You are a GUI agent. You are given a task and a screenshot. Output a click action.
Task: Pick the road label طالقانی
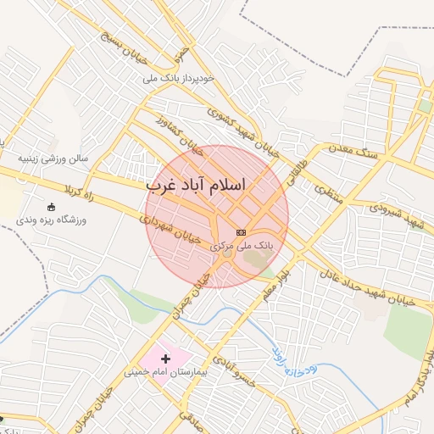(299, 159)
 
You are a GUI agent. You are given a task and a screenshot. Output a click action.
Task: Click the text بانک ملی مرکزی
(242, 245)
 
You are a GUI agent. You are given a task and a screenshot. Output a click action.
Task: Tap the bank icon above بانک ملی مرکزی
(242, 231)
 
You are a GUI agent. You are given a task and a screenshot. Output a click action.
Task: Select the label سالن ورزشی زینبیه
(54, 159)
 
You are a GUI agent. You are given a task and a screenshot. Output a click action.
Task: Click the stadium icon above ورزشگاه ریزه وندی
(51, 207)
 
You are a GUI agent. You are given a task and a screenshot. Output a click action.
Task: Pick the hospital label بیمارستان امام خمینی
(166, 372)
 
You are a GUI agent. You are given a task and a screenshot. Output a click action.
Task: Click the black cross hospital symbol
(165, 359)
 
